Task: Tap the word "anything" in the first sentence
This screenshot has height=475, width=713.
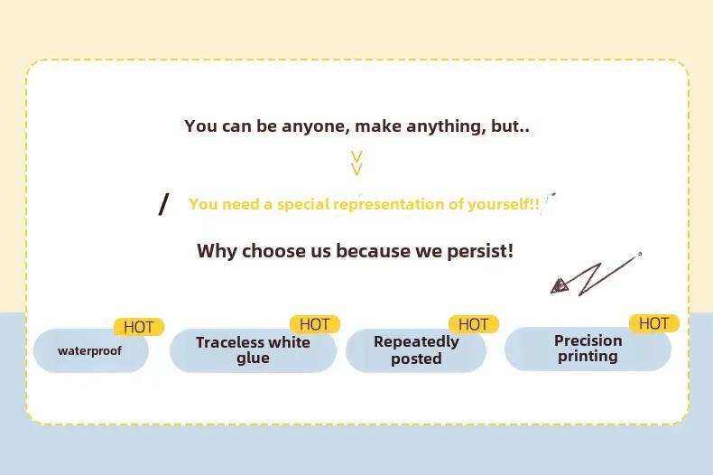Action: click(446, 126)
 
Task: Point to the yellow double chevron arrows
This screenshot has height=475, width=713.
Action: click(357, 163)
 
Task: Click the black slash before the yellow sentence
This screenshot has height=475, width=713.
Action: click(163, 204)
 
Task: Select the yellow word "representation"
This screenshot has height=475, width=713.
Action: click(389, 204)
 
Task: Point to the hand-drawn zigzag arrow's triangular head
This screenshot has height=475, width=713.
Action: click(560, 285)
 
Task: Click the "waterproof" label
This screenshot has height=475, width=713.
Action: click(89, 351)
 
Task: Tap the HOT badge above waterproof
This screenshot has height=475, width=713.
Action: click(138, 327)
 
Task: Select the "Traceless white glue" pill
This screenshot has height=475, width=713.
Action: click(253, 350)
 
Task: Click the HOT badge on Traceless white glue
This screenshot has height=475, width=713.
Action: click(315, 324)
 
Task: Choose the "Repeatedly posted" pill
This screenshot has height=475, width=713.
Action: click(416, 350)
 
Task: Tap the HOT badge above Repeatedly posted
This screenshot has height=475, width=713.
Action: click(473, 324)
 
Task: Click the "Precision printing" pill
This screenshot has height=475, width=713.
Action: click(588, 349)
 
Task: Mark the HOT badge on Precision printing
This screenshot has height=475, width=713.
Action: click(654, 323)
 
